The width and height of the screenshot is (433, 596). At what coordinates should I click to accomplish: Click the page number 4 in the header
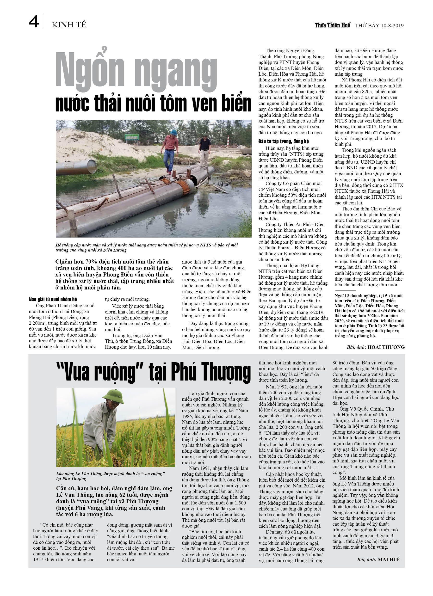34,22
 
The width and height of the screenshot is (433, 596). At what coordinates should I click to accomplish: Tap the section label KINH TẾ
69,25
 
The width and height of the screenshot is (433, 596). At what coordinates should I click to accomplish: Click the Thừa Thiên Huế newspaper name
332,25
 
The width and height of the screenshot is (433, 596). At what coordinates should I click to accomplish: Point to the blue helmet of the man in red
173,132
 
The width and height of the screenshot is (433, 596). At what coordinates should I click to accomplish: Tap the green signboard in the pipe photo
131,137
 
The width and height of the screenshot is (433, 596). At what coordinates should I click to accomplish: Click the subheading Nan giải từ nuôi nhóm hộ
53,299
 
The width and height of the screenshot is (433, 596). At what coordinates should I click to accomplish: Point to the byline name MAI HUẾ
389,559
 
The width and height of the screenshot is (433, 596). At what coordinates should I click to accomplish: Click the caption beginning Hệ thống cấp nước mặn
146,247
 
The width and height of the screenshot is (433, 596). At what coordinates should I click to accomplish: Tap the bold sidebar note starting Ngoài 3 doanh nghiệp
369,316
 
